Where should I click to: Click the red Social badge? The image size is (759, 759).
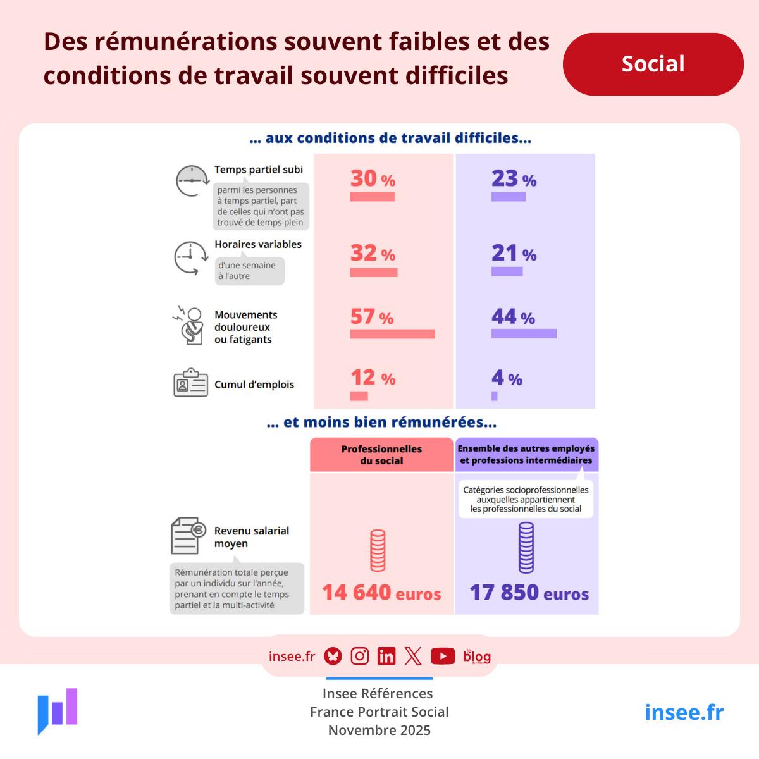coord(653,64)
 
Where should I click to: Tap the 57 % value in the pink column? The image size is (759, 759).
coord(372,316)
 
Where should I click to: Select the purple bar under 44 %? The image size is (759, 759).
coord(524,333)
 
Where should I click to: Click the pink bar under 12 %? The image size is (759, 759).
coord(359,396)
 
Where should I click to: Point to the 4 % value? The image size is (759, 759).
coord(507,378)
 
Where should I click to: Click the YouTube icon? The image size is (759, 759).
coord(443,657)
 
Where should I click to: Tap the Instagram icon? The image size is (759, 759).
coord(359,657)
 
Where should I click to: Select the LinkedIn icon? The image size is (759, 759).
coord(386,657)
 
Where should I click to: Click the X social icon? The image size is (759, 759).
coord(413,657)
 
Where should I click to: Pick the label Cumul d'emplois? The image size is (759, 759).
coord(254,385)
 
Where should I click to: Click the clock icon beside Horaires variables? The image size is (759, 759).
coord(190,258)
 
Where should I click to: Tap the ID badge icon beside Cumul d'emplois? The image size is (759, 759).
coord(190,383)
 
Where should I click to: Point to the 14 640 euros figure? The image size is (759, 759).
coord(381,593)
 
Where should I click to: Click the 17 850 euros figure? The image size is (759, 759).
coord(529,593)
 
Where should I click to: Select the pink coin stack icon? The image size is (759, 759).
coord(378,550)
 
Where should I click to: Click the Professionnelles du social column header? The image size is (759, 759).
coord(381,455)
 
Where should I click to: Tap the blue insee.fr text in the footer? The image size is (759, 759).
coord(684,712)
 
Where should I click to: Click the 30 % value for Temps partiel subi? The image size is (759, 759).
coord(373,178)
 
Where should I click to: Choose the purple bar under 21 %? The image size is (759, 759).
coord(507,271)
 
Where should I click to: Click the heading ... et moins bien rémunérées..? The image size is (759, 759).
coord(381,423)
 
